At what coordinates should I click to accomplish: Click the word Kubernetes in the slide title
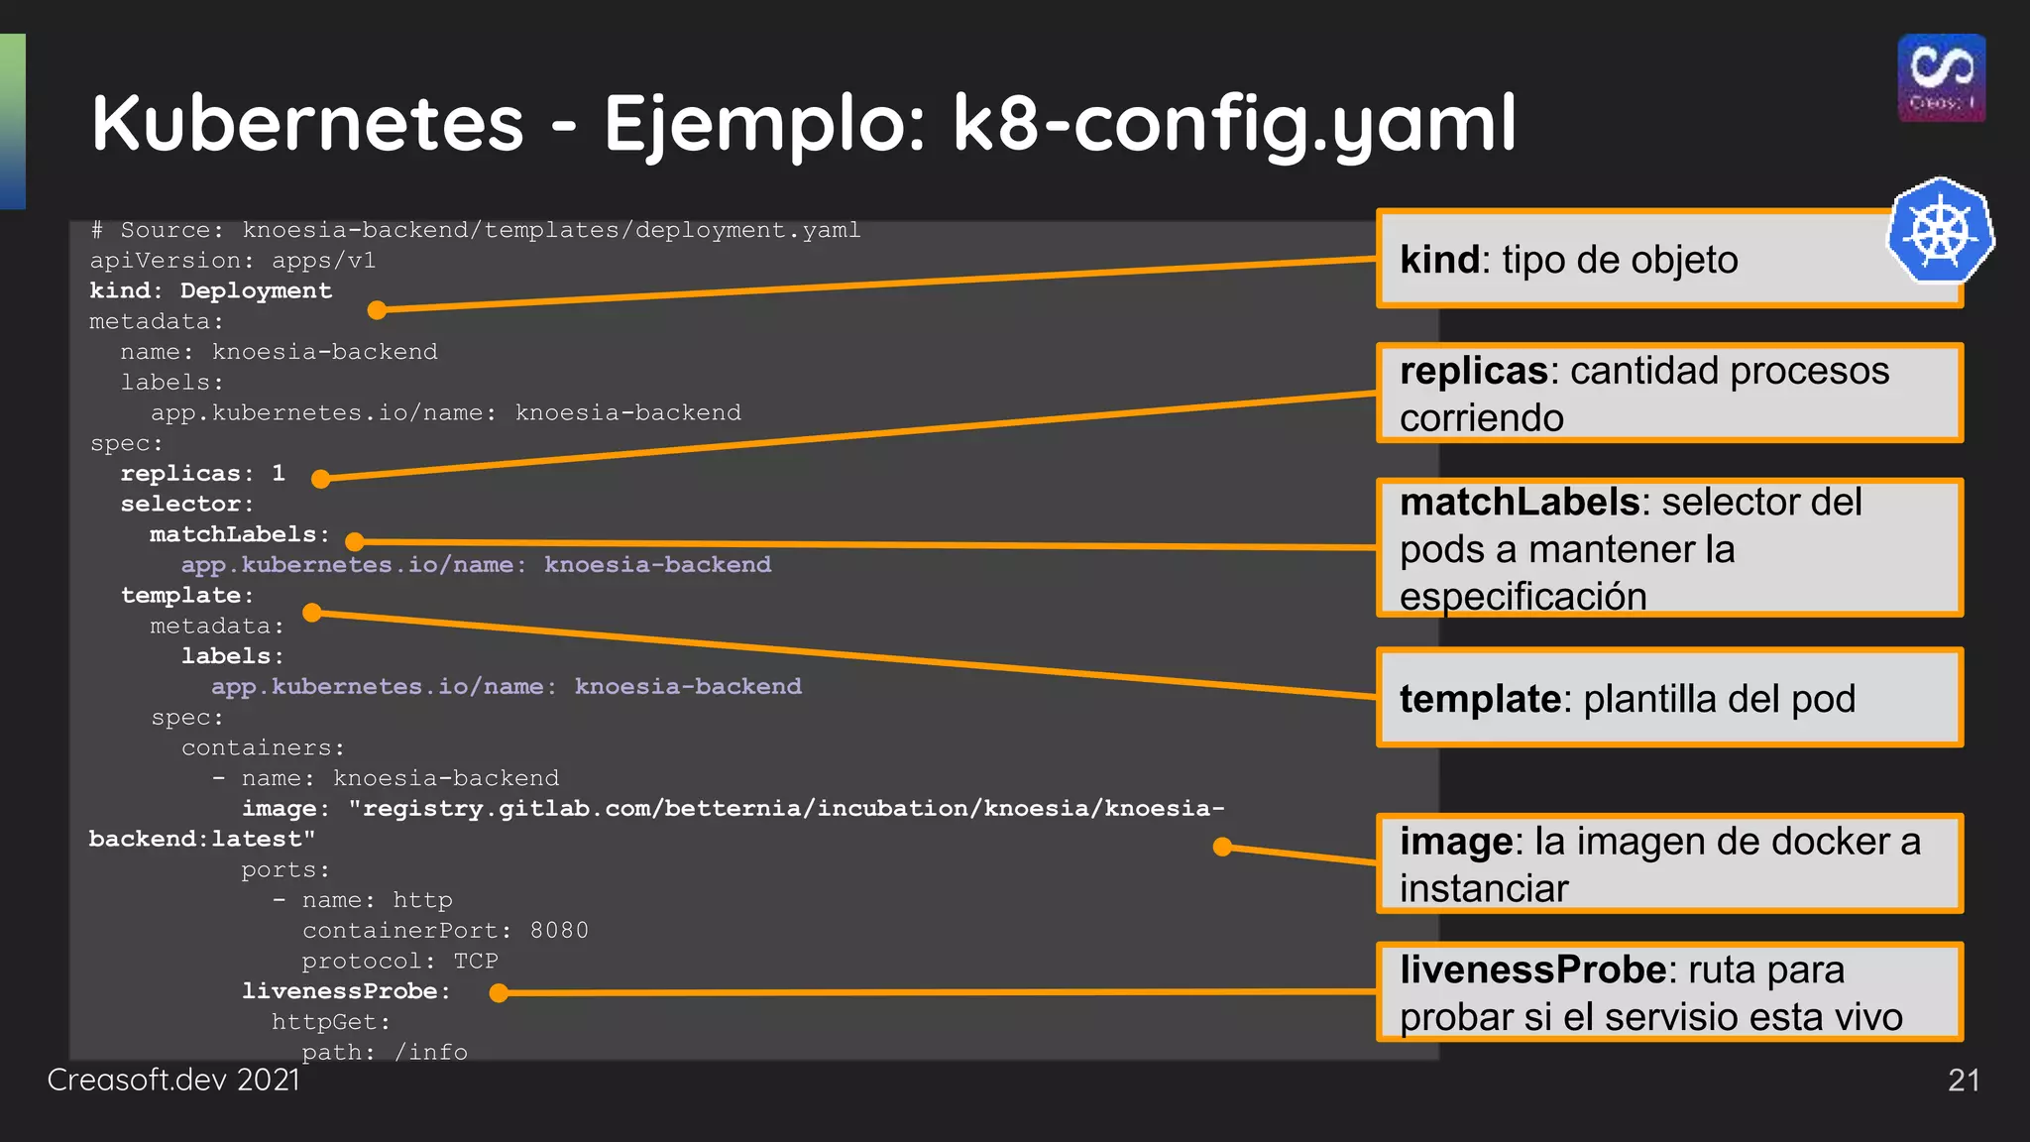point(307,123)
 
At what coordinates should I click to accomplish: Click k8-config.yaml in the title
point(1234,125)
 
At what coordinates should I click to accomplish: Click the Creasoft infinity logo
point(1941,77)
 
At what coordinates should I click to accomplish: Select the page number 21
point(1963,1080)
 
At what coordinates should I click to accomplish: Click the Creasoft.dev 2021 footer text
point(173,1080)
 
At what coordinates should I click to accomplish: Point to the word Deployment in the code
point(256,291)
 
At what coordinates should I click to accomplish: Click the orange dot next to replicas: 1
point(320,480)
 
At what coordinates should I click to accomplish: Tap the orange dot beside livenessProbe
point(500,992)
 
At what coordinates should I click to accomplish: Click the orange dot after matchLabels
point(355,541)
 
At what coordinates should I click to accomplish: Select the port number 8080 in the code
point(559,931)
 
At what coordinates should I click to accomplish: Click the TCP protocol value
point(476,962)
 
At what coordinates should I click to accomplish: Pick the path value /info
point(430,1052)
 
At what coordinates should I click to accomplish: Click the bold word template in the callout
point(1480,699)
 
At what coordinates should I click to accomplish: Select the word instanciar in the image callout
point(1484,889)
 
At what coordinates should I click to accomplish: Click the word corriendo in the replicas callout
point(1481,418)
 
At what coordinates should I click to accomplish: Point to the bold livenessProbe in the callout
point(1532,970)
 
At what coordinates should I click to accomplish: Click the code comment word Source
point(166,230)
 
